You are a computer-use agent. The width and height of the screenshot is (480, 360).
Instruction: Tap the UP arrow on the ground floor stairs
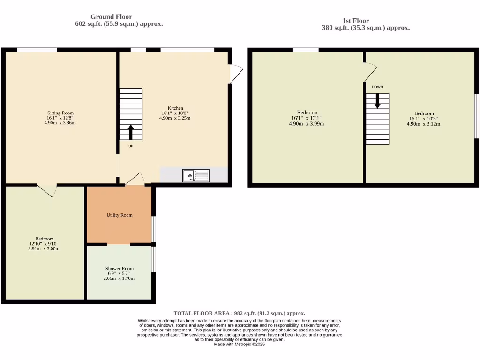[131, 132]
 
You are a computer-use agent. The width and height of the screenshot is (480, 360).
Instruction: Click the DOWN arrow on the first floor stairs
[377, 101]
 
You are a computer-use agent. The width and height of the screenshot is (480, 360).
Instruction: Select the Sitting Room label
[60, 113]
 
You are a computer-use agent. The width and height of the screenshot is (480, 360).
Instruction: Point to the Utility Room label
[120, 215]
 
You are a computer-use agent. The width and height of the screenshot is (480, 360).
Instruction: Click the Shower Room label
[119, 269]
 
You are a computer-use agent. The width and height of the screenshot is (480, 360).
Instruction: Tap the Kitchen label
[176, 108]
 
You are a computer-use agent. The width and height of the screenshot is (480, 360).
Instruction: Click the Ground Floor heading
[111, 17]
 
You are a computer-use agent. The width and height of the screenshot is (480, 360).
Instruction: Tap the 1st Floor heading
[355, 21]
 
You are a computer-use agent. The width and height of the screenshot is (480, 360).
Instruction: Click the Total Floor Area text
[239, 313]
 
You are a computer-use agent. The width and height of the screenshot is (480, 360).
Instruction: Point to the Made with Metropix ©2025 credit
[239, 344]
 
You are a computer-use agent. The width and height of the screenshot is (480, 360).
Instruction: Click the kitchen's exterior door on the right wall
[236, 74]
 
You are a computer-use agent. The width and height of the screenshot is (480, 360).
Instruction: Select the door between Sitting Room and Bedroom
[47, 190]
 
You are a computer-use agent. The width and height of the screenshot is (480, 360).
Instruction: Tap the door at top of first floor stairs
[370, 73]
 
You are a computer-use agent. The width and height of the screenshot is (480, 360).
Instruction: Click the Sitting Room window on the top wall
[37, 50]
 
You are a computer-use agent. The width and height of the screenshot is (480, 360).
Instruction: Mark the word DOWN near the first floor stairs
[377, 87]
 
